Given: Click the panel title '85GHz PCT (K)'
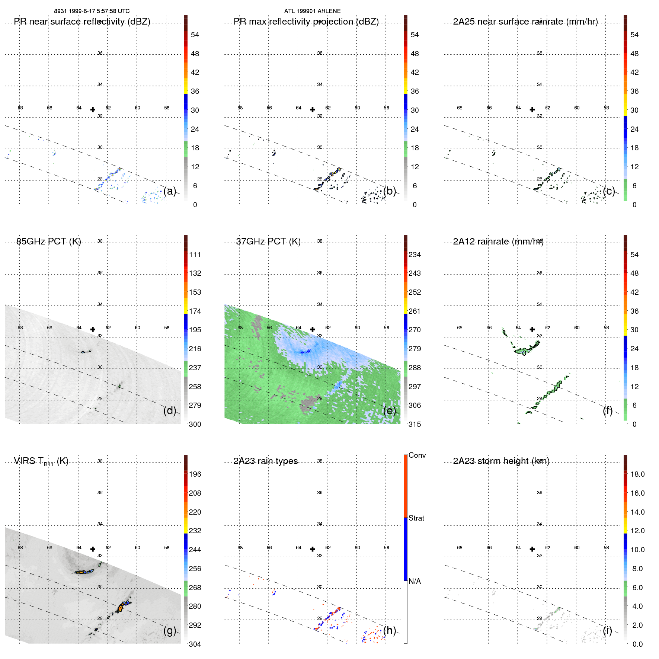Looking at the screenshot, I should coord(48,241).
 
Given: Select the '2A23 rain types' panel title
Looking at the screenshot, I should coord(265,461).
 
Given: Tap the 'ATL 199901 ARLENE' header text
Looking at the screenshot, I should coord(312,11).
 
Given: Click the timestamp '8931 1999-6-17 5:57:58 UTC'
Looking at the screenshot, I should coord(92,11).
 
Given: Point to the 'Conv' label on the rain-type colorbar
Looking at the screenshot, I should coord(417,455).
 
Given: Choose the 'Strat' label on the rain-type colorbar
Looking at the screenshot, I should coord(416,518).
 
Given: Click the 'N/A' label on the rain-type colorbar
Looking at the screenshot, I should coord(415,581).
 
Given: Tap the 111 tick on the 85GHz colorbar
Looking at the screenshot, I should coord(195,255).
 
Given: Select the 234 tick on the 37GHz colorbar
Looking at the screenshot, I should coord(415,255).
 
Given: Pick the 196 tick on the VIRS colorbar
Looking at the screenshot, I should coord(195,474).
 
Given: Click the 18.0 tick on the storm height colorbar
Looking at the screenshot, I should coord(637,474).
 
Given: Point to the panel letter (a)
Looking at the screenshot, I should coord(170,191).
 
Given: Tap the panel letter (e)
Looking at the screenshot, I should coord(389,410).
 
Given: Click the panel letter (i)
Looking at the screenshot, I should coord(607,630).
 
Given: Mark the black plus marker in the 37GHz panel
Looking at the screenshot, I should coord(313,329).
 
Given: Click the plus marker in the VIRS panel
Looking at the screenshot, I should coord(93,549).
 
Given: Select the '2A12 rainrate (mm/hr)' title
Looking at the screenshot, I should coord(498,241).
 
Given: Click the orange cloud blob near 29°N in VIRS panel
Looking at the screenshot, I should coord(120,608).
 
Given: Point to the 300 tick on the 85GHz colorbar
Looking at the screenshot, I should coord(195,424).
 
